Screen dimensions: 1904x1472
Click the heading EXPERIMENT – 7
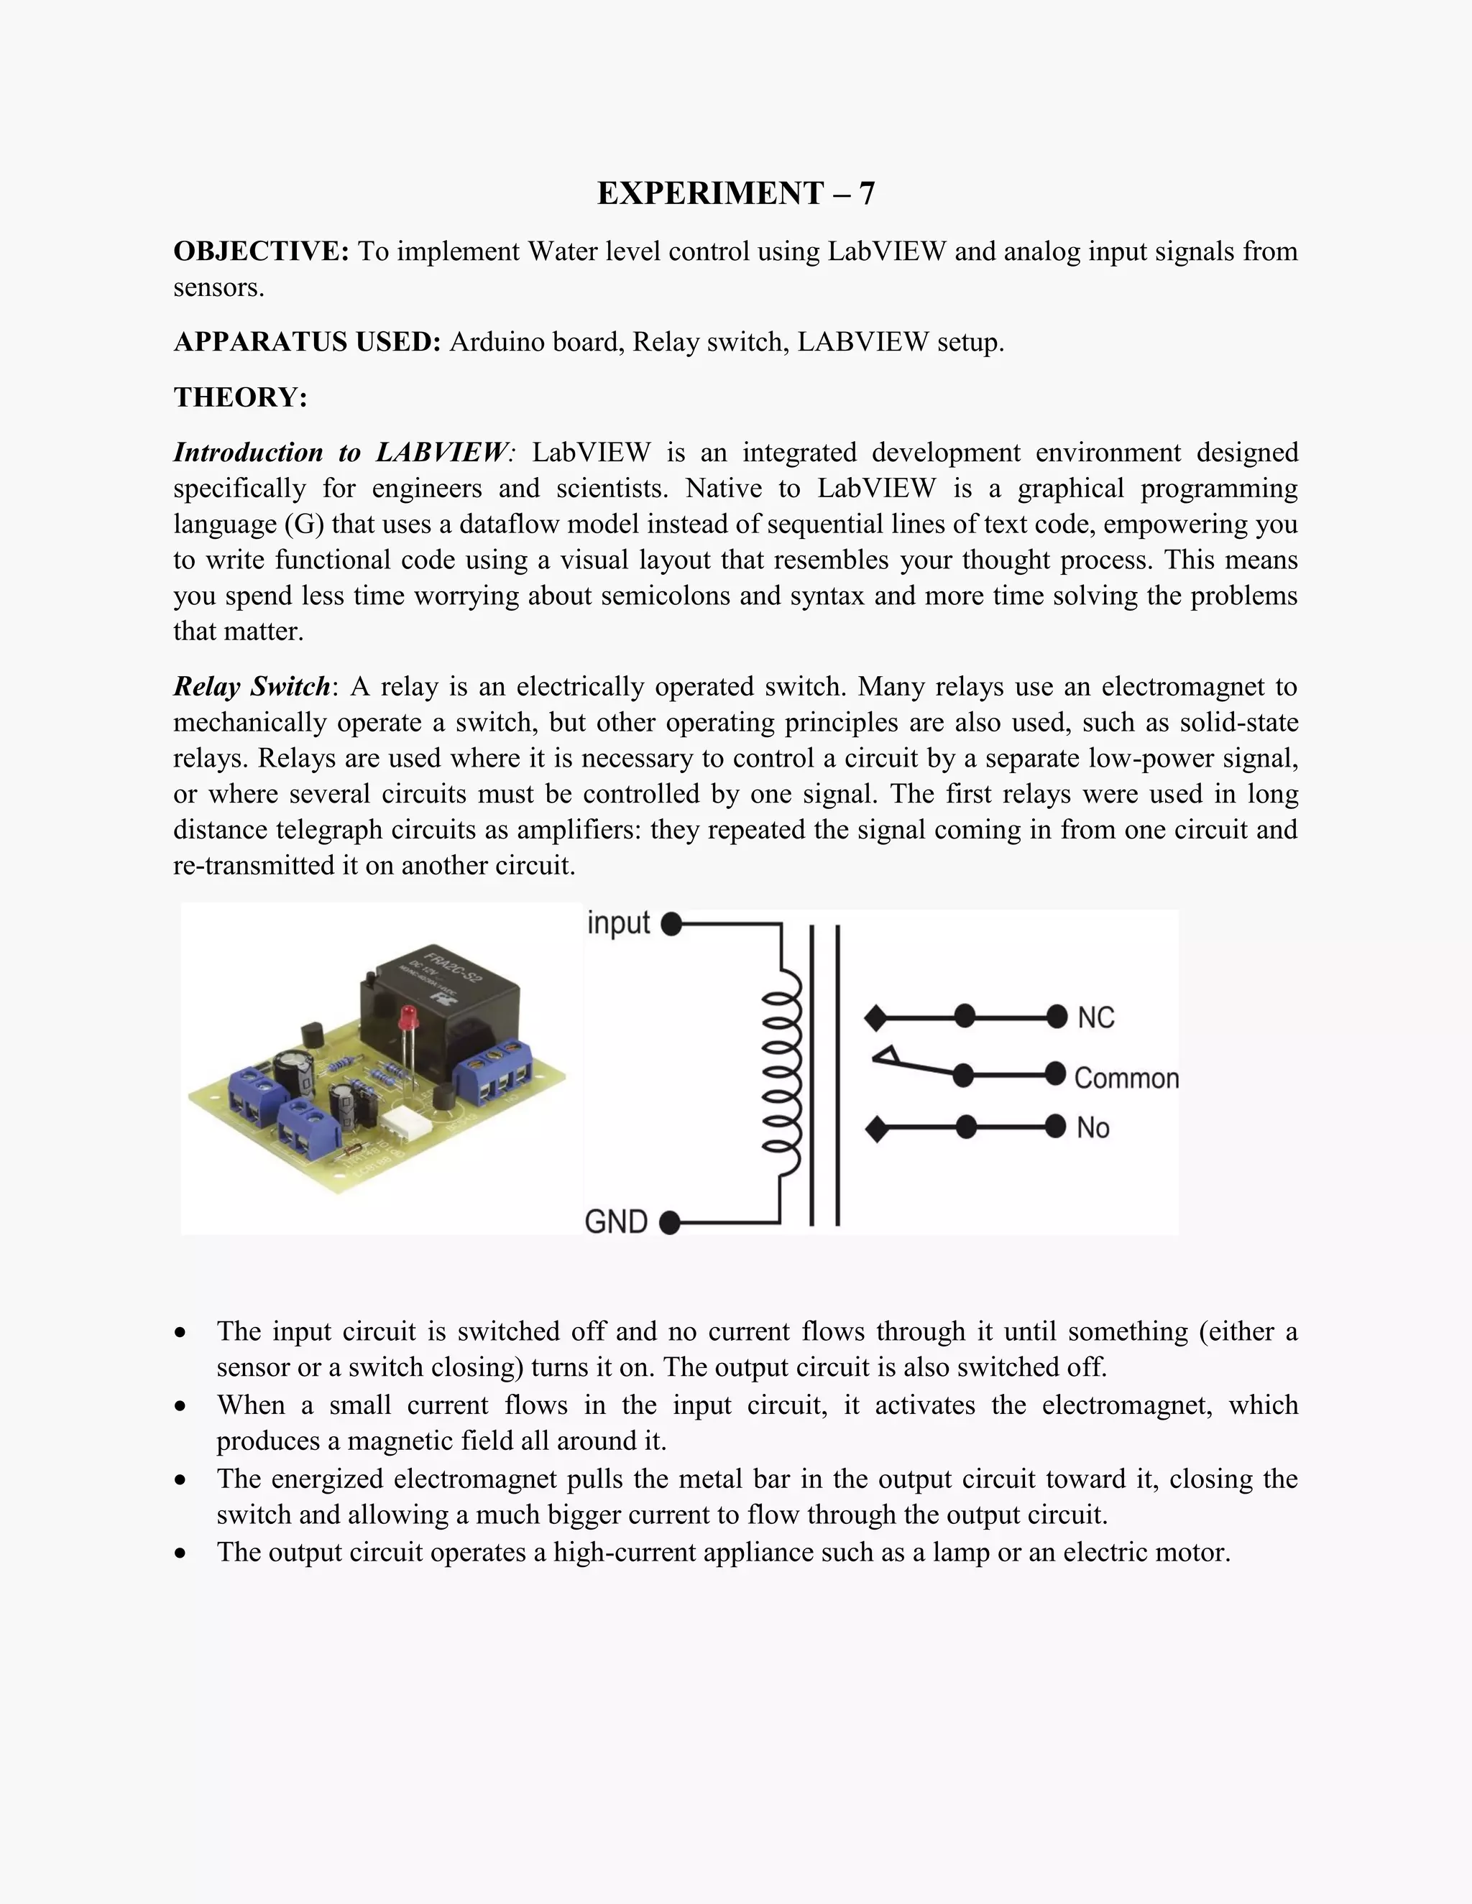(735, 193)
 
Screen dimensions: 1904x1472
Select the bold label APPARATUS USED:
(307, 342)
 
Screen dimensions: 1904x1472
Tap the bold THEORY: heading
(240, 397)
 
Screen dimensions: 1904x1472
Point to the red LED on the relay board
(405, 1018)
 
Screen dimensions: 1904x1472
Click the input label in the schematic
(618, 923)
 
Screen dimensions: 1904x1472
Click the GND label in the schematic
(616, 1221)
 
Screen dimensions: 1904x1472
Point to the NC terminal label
(1095, 1017)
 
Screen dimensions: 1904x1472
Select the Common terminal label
(1126, 1078)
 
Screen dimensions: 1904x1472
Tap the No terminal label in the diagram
(1092, 1128)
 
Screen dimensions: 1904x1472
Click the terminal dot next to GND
(670, 1223)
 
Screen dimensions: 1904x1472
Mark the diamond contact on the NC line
(875, 1017)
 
